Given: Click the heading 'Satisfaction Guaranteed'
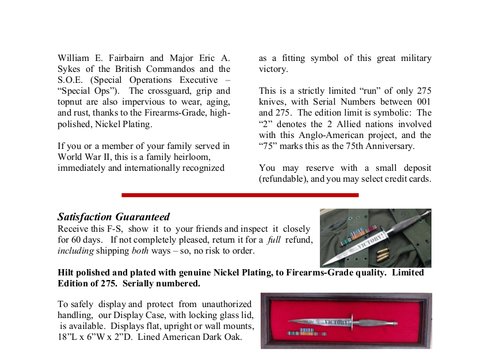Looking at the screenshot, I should point(113,217).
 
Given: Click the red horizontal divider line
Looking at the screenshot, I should point(240,195).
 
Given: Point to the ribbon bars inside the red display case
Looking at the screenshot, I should point(307,333).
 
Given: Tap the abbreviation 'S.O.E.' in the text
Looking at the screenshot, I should point(71,80).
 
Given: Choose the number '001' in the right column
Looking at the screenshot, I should point(423,102).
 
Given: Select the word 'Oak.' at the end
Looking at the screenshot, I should point(231,337).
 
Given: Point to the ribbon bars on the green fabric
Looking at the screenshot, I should point(352,236).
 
